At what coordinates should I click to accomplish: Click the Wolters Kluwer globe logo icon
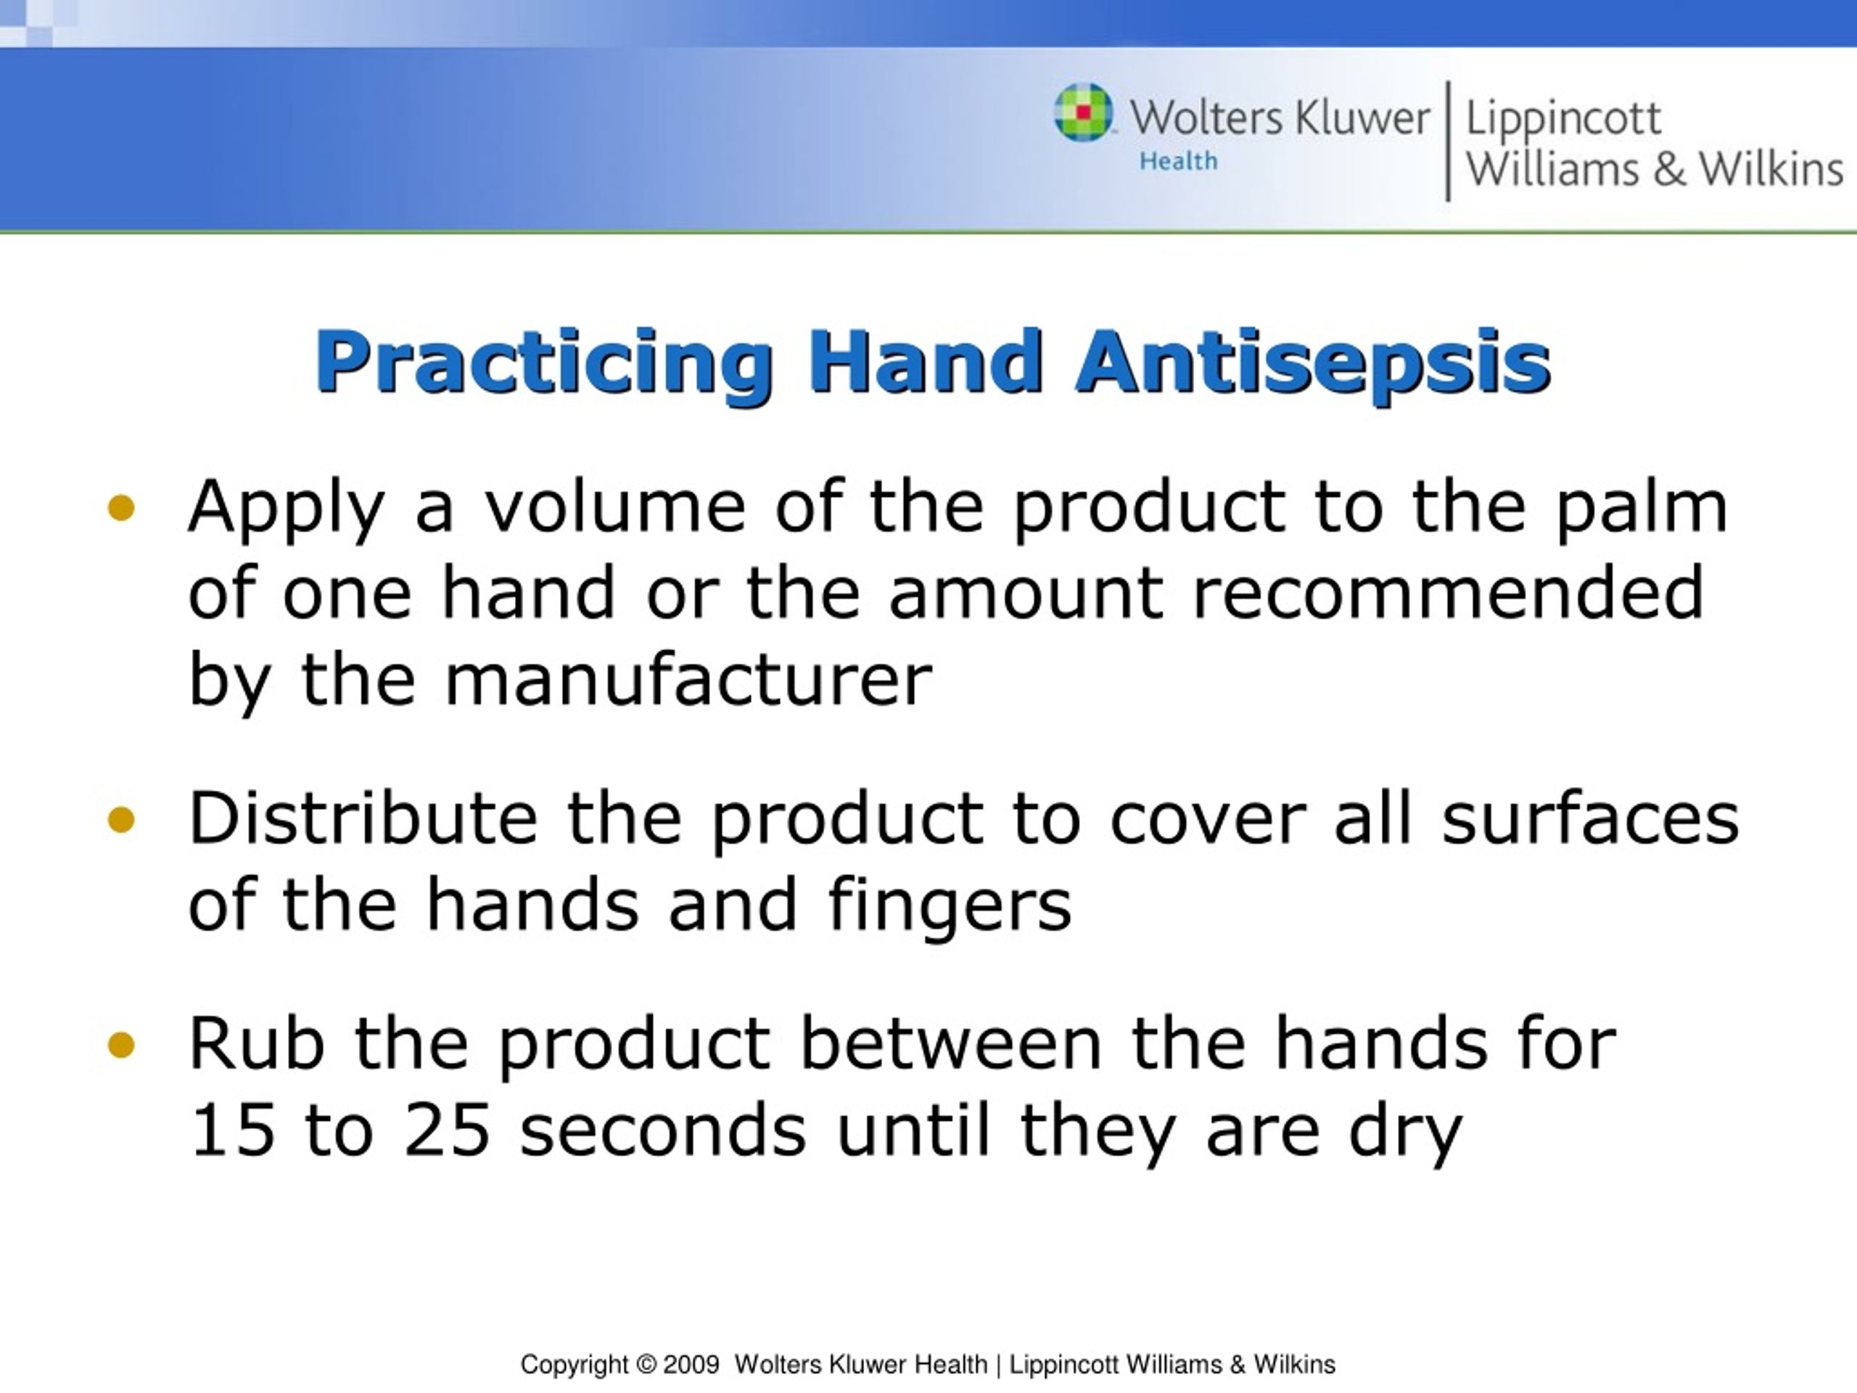tap(1083, 112)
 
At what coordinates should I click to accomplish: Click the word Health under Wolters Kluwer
tap(1178, 161)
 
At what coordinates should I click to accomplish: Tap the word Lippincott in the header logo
tap(1562, 119)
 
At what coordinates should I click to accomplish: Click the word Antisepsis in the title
tap(1312, 363)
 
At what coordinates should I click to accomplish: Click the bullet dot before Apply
tap(122, 508)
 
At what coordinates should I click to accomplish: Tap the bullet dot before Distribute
tap(122, 820)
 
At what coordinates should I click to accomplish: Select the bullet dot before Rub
tap(122, 1045)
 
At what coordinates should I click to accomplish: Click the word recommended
tap(1447, 593)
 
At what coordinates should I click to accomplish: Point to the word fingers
tap(950, 907)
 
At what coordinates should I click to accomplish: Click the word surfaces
tap(1590, 818)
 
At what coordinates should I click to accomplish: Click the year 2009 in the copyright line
tap(691, 1365)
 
